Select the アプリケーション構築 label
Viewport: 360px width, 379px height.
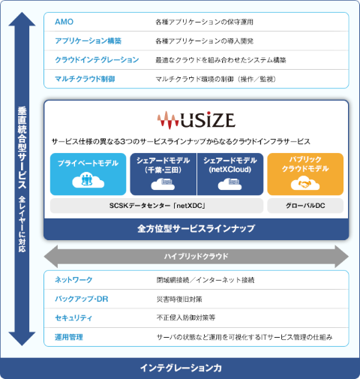(x=88, y=41)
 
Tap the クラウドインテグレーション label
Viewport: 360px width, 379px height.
(x=97, y=59)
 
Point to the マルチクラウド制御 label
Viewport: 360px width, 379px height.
(x=85, y=78)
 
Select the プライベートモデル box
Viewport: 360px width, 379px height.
(x=88, y=173)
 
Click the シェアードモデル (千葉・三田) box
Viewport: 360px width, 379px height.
(x=163, y=173)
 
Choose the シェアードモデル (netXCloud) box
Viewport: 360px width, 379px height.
(x=230, y=173)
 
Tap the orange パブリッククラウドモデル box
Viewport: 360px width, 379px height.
(x=305, y=173)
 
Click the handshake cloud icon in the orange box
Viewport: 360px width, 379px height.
(x=305, y=185)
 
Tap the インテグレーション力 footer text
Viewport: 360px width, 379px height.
(x=180, y=368)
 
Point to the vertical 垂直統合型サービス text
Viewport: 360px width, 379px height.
(x=22, y=150)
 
